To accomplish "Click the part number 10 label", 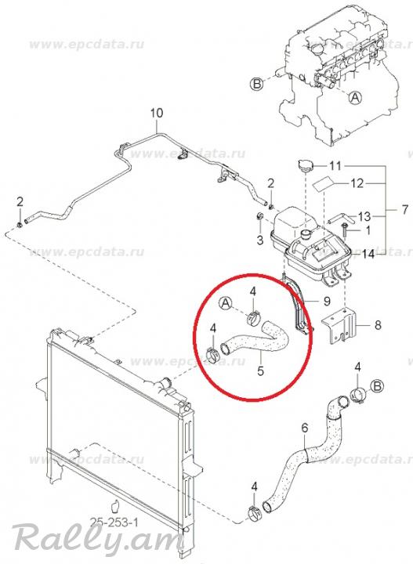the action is point(157,113).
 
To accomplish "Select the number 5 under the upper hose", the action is point(260,370).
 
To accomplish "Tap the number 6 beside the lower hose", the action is point(305,428).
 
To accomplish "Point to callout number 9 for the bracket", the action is point(327,301).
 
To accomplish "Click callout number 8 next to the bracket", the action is point(378,325).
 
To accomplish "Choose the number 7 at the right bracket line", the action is point(404,209).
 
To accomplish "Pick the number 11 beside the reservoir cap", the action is point(335,166).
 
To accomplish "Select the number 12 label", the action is point(357,183).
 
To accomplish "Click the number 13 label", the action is point(364,216).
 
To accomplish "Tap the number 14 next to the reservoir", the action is point(368,255).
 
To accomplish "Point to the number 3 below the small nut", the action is point(260,240).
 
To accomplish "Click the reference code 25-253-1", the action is point(114,522).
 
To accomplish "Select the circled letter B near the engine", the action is point(257,84).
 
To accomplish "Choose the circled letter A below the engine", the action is point(355,97).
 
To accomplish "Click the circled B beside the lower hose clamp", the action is point(378,387).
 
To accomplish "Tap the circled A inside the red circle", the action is point(226,303).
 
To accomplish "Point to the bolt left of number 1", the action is point(344,229).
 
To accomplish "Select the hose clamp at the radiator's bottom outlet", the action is point(255,514).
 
